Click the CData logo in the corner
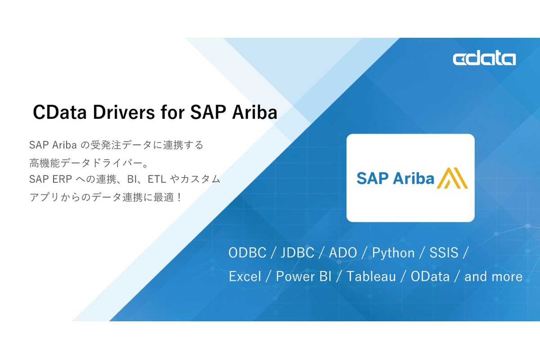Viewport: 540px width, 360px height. tap(484, 59)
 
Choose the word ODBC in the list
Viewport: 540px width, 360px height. tap(247, 253)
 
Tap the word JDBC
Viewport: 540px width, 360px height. tap(297, 253)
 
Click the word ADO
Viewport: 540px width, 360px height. tap(343, 253)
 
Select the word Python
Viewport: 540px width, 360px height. tap(393, 253)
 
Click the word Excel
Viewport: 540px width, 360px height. tap(245, 276)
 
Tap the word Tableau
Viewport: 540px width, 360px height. tap(371, 276)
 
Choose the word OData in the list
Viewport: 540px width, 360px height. tap(430, 276)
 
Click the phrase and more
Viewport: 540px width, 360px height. tap(493, 276)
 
